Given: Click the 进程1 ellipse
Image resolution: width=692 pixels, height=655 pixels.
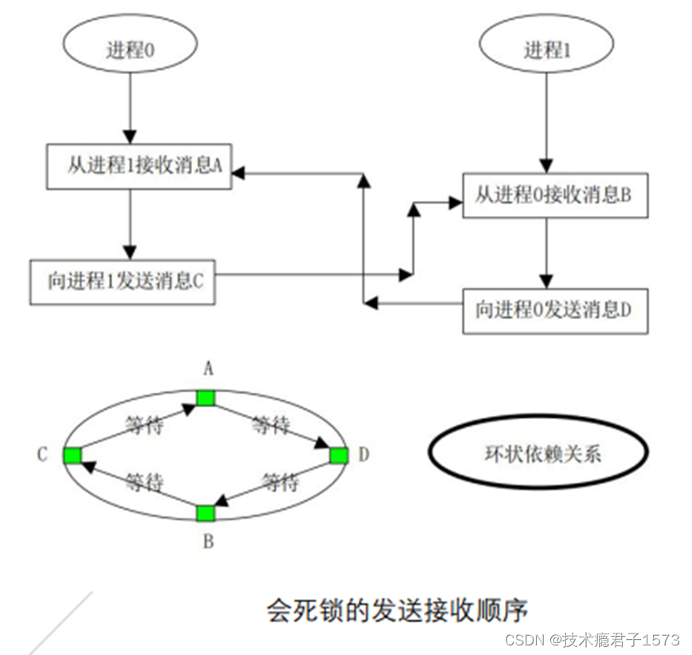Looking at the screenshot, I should [546, 49].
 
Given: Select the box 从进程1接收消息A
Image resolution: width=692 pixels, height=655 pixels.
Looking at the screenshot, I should [139, 167].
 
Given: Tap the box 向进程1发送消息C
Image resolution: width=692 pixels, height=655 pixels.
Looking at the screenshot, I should [123, 281].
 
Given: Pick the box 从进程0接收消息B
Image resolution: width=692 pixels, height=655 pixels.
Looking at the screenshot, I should [555, 195].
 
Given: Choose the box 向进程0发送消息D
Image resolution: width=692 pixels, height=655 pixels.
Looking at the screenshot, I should [555, 310].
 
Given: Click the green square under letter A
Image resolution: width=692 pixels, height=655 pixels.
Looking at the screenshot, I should [206, 397].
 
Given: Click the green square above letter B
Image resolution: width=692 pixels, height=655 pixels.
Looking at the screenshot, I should [206, 513].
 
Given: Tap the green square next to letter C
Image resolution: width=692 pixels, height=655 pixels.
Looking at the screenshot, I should [73, 455].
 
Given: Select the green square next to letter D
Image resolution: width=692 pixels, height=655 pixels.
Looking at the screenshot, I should [338, 455].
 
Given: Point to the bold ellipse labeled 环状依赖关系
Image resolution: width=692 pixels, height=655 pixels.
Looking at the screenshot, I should [538, 455].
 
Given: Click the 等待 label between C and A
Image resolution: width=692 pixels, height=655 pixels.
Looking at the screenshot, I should [145, 426].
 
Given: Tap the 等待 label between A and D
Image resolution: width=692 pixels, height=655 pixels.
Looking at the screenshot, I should [271, 426].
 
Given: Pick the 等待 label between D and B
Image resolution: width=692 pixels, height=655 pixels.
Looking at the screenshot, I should [280, 483].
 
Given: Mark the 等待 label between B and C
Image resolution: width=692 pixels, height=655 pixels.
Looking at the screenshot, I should [145, 483].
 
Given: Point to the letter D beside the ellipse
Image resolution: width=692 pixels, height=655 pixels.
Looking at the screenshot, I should [363, 455].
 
